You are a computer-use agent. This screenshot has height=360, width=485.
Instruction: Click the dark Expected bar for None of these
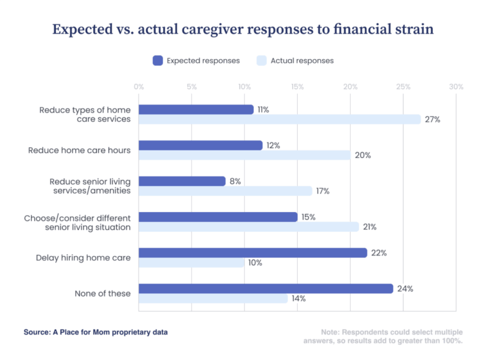click(266, 288)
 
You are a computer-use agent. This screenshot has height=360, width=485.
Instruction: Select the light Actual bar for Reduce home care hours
click(244, 155)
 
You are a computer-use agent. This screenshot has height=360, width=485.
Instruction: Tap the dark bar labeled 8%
click(182, 181)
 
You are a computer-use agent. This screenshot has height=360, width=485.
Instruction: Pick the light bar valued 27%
click(280, 119)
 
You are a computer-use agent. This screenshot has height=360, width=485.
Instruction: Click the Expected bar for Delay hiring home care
click(252, 252)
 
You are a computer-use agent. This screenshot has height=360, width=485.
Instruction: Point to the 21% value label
click(369, 227)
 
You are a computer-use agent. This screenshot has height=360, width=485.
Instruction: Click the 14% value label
click(298, 298)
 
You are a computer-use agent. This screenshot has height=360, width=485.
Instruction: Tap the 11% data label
click(263, 109)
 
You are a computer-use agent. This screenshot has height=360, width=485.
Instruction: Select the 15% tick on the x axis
click(297, 87)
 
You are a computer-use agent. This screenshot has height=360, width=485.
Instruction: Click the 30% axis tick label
click(456, 87)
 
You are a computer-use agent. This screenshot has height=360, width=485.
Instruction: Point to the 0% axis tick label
click(139, 87)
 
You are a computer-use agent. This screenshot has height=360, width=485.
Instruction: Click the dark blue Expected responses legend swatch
click(158, 60)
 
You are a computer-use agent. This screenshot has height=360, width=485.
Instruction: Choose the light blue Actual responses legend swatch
click(262, 60)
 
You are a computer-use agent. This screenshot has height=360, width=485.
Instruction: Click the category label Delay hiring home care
click(83, 257)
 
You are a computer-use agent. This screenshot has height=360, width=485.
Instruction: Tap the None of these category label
click(103, 293)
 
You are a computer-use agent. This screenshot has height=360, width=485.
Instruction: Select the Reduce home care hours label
click(80, 150)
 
